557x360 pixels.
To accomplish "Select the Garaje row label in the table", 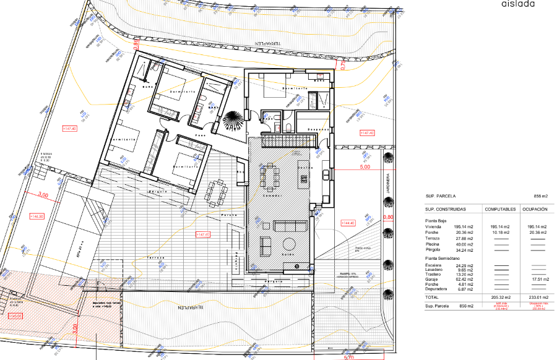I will pos(433,279).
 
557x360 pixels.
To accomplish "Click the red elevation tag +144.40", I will pos(348,223).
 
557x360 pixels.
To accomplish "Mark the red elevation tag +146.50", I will pos(36,216).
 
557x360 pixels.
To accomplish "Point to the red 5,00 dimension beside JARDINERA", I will pos(365,167).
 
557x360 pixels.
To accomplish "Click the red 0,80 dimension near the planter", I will pos(388,217).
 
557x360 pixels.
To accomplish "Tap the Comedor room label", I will pos(274,195).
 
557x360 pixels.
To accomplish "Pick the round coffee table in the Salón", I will pos(290,242).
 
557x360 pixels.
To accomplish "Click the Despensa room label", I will pos(315,129).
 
